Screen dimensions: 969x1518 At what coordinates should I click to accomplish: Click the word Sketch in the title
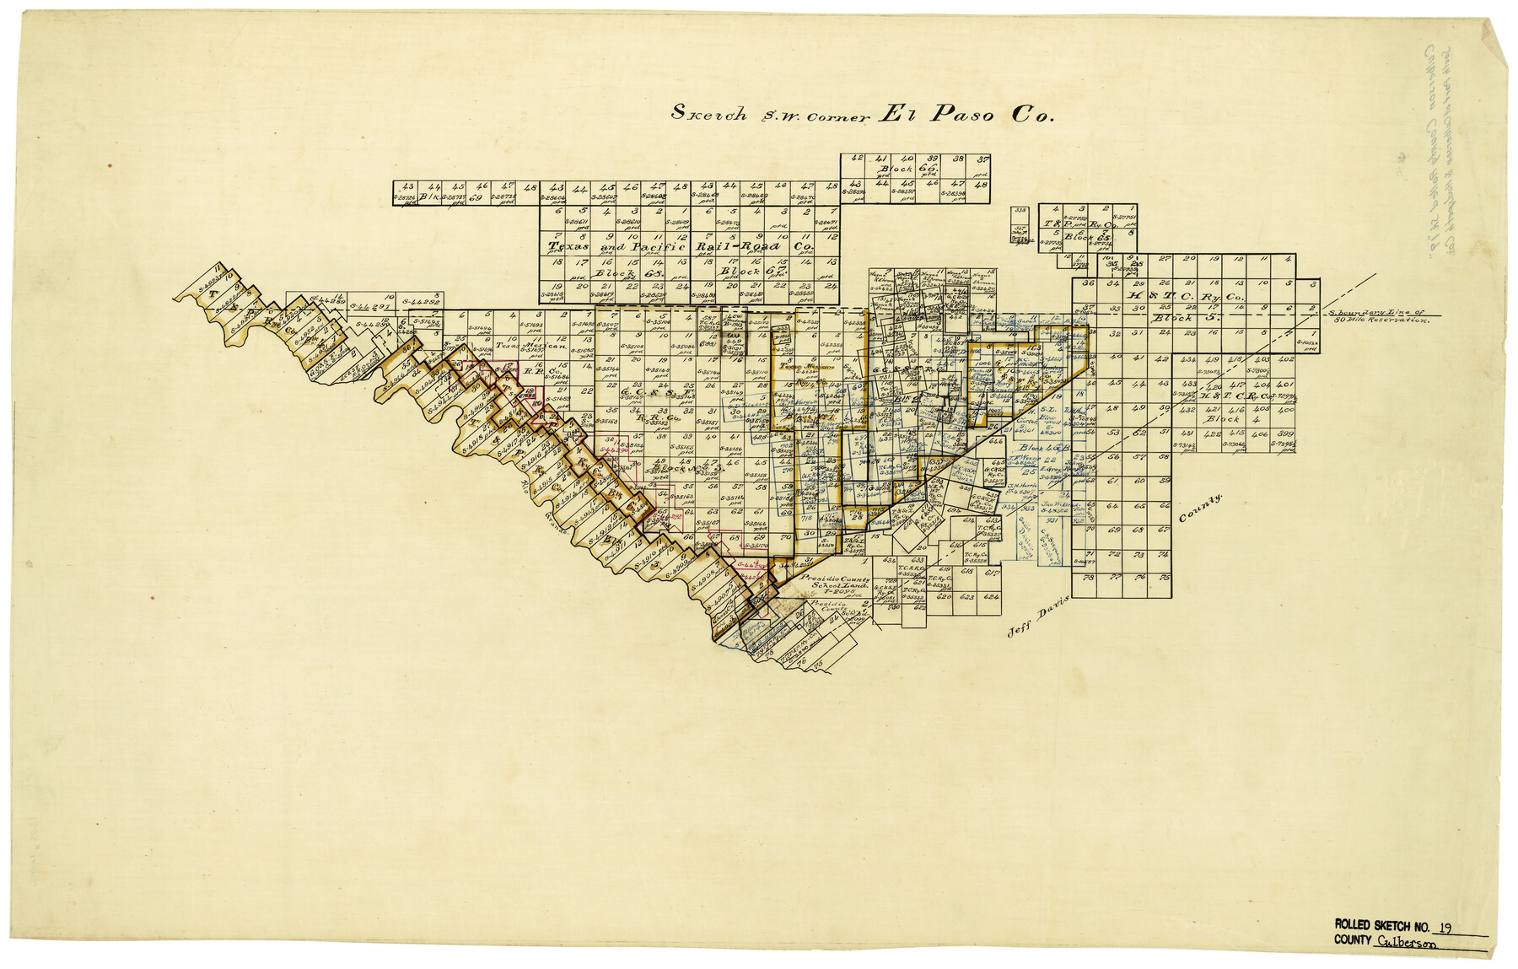click(x=708, y=113)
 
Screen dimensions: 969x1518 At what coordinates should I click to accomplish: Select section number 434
click(x=1188, y=360)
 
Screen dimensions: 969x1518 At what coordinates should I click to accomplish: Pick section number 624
click(x=992, y=597)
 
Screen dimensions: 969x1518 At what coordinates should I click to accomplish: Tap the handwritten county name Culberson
click(x=1406, y=944)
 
